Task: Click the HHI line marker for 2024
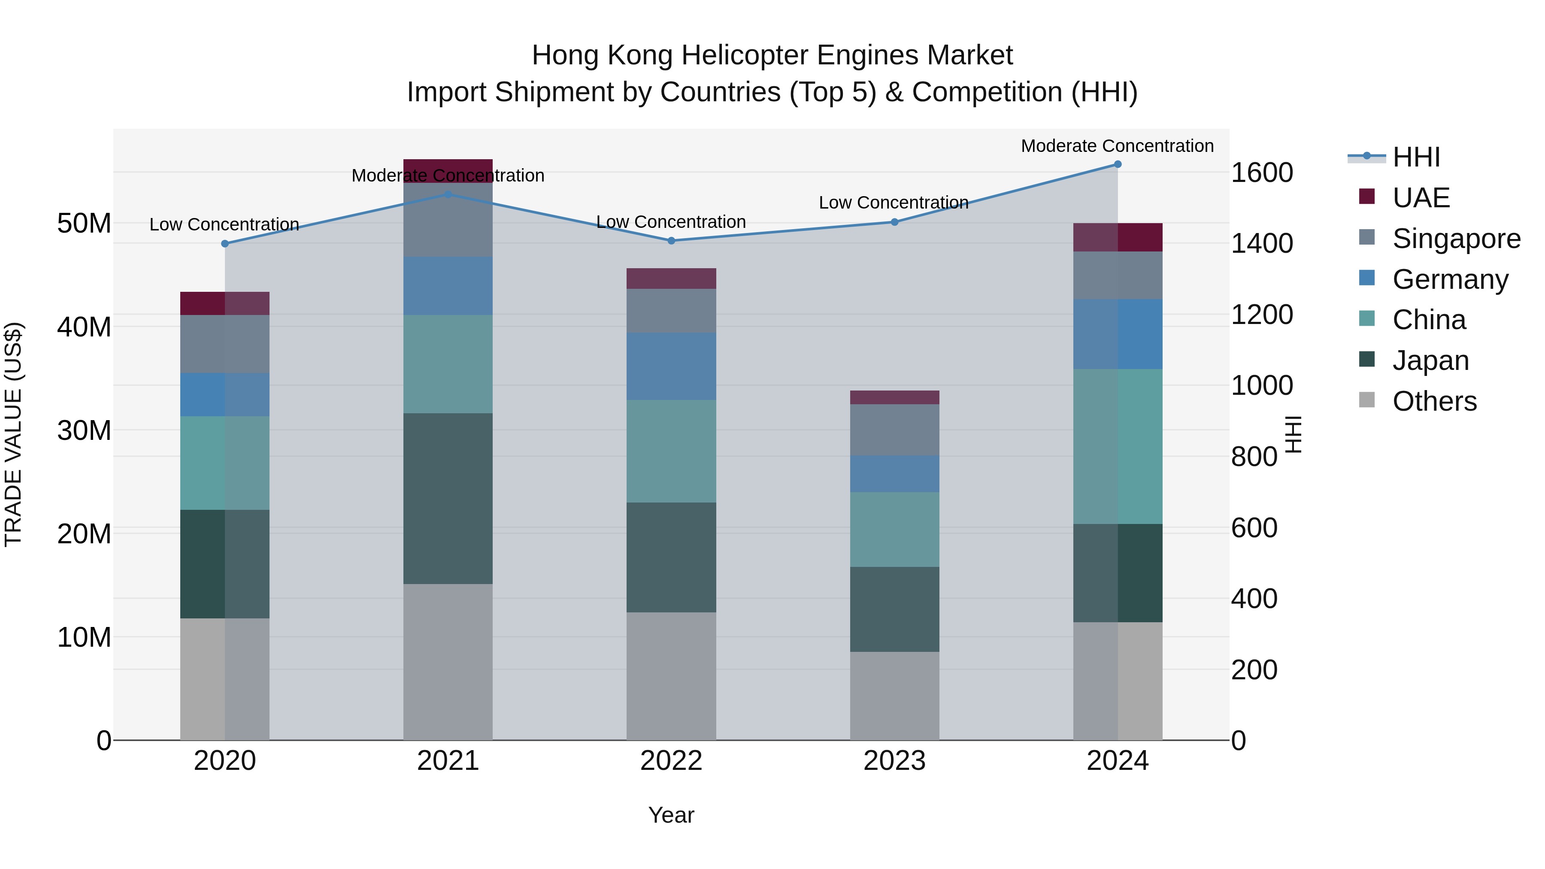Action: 1118,164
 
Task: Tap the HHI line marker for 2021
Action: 448,194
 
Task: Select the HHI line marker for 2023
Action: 894,222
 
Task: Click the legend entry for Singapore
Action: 1456,239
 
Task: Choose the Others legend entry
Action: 1434,401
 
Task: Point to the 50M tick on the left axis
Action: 84,224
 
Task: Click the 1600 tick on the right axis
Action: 1261,173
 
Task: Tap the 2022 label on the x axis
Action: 671,761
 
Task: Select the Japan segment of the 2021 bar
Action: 448,498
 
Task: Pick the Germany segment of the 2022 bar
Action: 671,366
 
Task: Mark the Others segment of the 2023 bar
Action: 894,696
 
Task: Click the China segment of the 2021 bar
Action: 448,364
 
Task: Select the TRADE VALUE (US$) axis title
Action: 13,434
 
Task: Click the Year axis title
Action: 671,815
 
